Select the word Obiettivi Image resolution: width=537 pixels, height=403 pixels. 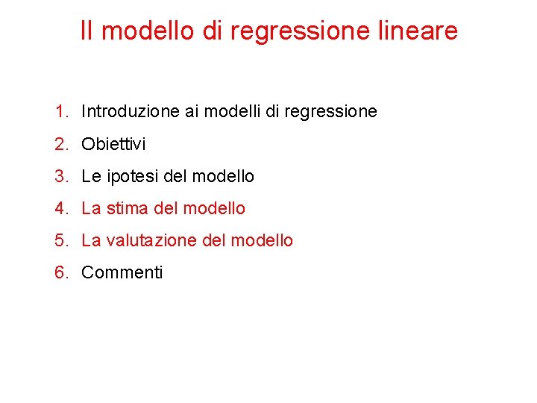click(x=113, y=144)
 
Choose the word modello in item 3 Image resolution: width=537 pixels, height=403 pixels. click(x=223, y=176)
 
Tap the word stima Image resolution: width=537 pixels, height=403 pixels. click(x=128, y=208)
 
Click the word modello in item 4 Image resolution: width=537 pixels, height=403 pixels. click(x=213, y=208)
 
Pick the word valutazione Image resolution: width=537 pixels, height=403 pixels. click(x=150, y=240)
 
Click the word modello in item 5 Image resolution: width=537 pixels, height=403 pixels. click(x=262, y=240)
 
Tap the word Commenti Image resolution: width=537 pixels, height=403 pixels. click(x=122, y=272)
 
